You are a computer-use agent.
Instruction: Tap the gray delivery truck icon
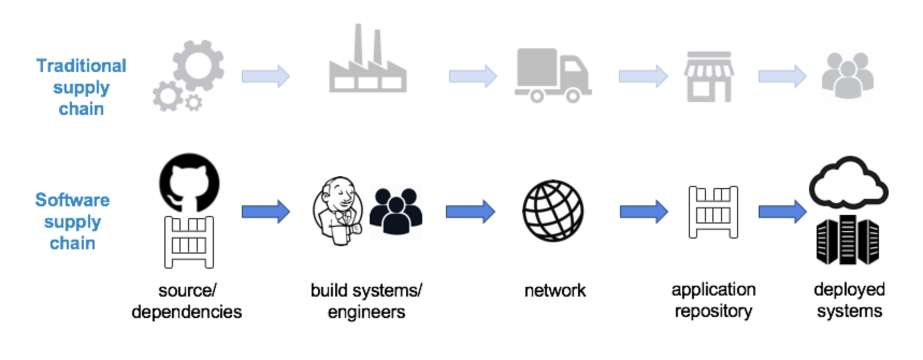(x=553, y=76)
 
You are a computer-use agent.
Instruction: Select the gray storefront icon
(x=709, y=77)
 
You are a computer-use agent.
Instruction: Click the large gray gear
(x=198, y=66)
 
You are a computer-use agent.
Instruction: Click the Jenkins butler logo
(x=338, y=211)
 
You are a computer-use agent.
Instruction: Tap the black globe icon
(x=553, y=211)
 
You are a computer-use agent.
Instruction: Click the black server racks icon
(x=848, y=240)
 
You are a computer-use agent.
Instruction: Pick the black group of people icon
(x=396, y=211)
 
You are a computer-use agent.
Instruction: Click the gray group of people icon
(x=848, y=76)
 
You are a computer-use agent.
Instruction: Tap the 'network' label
(x=555, y=291)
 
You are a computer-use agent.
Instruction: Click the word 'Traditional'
(x=82, y=66)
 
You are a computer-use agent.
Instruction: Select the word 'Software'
(x=73, y=200)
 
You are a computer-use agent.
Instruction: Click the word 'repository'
(x=713, y=312)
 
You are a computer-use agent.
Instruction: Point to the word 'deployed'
(x=849, y=290)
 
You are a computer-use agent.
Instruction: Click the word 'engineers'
(x=366, y=313)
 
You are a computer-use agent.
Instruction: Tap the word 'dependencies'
(x=187, y=312)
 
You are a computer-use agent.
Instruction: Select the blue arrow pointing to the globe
(x=471, y=212)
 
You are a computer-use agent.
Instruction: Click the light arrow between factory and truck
(x=473, y=76)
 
